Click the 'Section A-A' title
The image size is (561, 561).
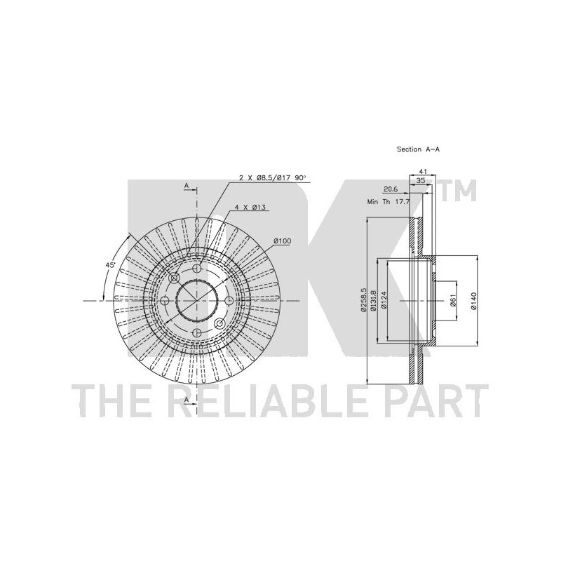click(418, 149)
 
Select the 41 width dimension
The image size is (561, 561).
click(423, 172)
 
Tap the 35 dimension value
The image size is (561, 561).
click(421, 181)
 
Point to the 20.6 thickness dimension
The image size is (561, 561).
click(391, 189)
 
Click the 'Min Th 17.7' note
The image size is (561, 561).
click(388, 202)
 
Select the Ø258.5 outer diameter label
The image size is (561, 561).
click(363, 300)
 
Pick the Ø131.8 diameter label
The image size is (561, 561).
click(374, 300)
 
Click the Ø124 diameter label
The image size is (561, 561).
click(384, 301)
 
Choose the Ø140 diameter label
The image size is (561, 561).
click(473, 301)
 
